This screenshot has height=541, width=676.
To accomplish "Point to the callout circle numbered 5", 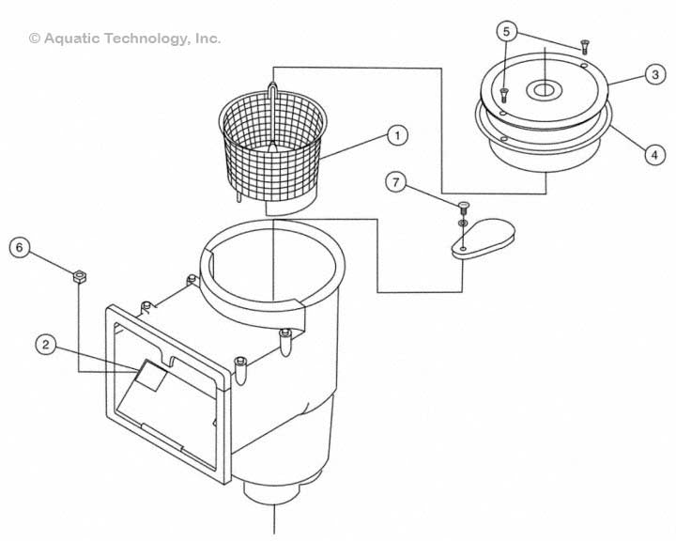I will point(506,32).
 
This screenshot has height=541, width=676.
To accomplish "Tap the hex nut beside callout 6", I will point(81,275).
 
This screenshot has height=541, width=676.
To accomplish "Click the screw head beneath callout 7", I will point(463,207).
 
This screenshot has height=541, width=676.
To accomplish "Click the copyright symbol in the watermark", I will point(35,39).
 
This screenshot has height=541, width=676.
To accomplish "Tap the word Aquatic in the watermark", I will point(74,39).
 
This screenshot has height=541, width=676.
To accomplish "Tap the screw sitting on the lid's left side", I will point(504,92).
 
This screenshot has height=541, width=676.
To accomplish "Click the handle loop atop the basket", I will point(272,91).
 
